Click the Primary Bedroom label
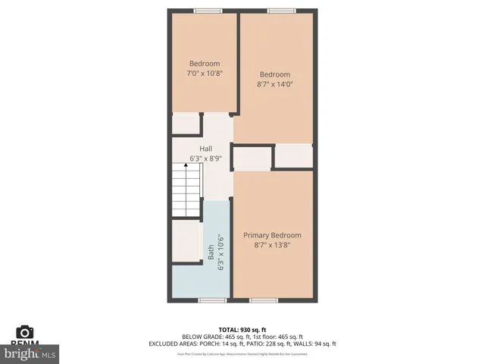(272, 235)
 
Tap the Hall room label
(205, 149)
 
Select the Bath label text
(211, 251)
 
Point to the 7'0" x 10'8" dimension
(205, 74)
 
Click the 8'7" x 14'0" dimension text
(274, 84)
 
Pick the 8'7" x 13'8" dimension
(272, 245)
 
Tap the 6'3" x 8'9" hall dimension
(205, 158)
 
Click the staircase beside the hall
(186, 193)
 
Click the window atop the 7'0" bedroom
(204, 11)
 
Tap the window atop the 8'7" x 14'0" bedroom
(280, 11)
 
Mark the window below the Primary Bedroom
(262, 300)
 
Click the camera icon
(25, 331)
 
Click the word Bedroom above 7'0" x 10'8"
(205, 63)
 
